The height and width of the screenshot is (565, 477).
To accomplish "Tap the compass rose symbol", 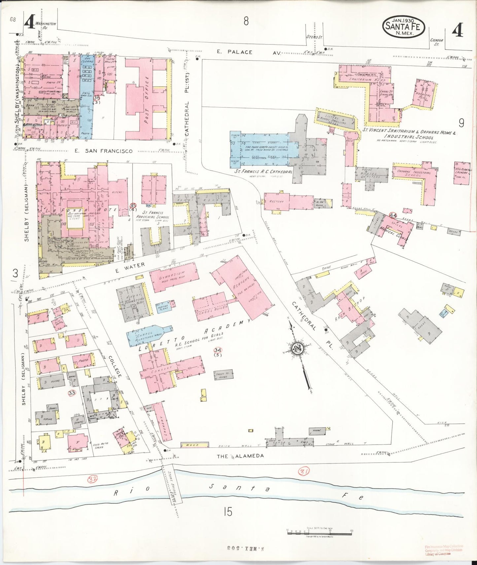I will [296, 349].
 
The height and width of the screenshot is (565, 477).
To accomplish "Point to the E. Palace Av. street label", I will [249, 52].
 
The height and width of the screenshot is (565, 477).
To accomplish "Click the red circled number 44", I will [392, 216].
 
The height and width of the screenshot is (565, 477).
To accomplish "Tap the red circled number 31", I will [304, 472].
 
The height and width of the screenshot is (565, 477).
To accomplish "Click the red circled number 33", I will [72, 393].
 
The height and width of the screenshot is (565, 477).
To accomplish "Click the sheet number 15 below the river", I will [227, 512].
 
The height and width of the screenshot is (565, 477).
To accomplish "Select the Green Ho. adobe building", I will [224, 375].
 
